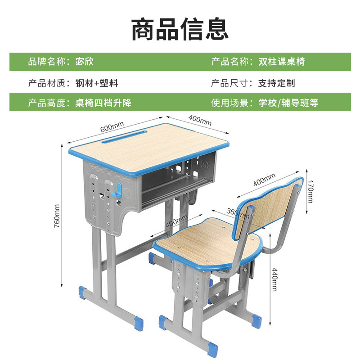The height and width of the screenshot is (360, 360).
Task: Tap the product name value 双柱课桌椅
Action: tap(282, 62)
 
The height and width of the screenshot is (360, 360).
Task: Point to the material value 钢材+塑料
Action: tap(96, 83)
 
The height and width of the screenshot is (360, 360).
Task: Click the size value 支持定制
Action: tap(276, 83)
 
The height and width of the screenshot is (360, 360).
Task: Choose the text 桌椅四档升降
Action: tap(103, 103)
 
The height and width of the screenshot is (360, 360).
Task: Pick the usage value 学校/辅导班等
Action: tap(288, 103)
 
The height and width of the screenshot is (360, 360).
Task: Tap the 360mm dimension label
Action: tap(237, 213)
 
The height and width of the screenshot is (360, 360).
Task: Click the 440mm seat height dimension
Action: tap(275, 279)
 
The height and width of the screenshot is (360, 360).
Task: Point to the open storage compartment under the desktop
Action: tap(175, 191)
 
